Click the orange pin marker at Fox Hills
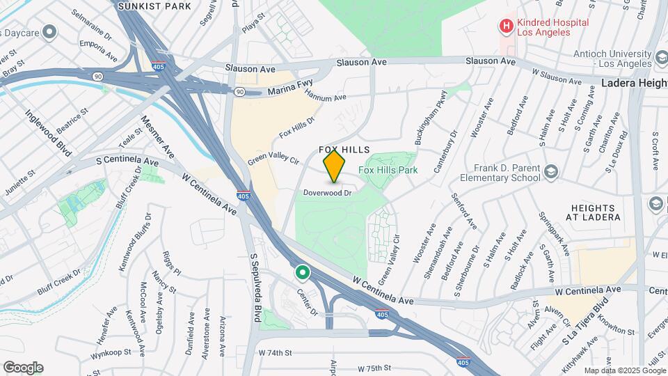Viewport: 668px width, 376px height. (x=335, y=166)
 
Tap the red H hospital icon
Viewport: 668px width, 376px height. (x=506, y=26)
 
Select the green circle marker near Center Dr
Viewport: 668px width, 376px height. (x=302, y=272)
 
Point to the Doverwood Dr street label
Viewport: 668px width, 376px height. (x=327, y=193)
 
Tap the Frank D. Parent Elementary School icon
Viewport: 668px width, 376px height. (x=551, y=172)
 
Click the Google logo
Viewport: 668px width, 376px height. (x=23, y=368)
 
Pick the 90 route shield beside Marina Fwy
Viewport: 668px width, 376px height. (x=239, y=91)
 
